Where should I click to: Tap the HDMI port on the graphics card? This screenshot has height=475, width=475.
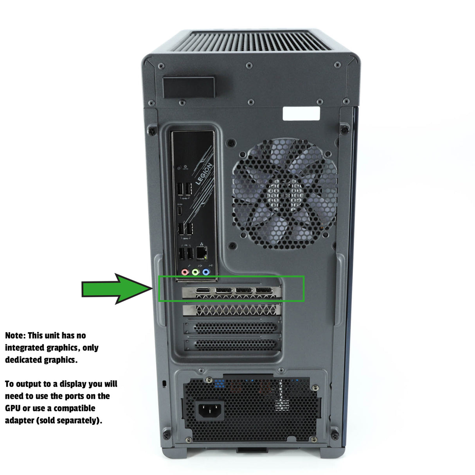203,291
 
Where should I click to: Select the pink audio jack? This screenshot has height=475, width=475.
185,272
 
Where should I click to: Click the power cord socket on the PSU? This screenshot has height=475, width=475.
210,411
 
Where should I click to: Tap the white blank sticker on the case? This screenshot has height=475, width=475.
301,113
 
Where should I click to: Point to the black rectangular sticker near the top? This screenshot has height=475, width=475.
189,87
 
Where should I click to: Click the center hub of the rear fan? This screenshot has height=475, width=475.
285,193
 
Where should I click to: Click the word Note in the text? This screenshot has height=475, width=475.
15,336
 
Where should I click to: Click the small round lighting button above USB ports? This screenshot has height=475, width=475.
179,168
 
